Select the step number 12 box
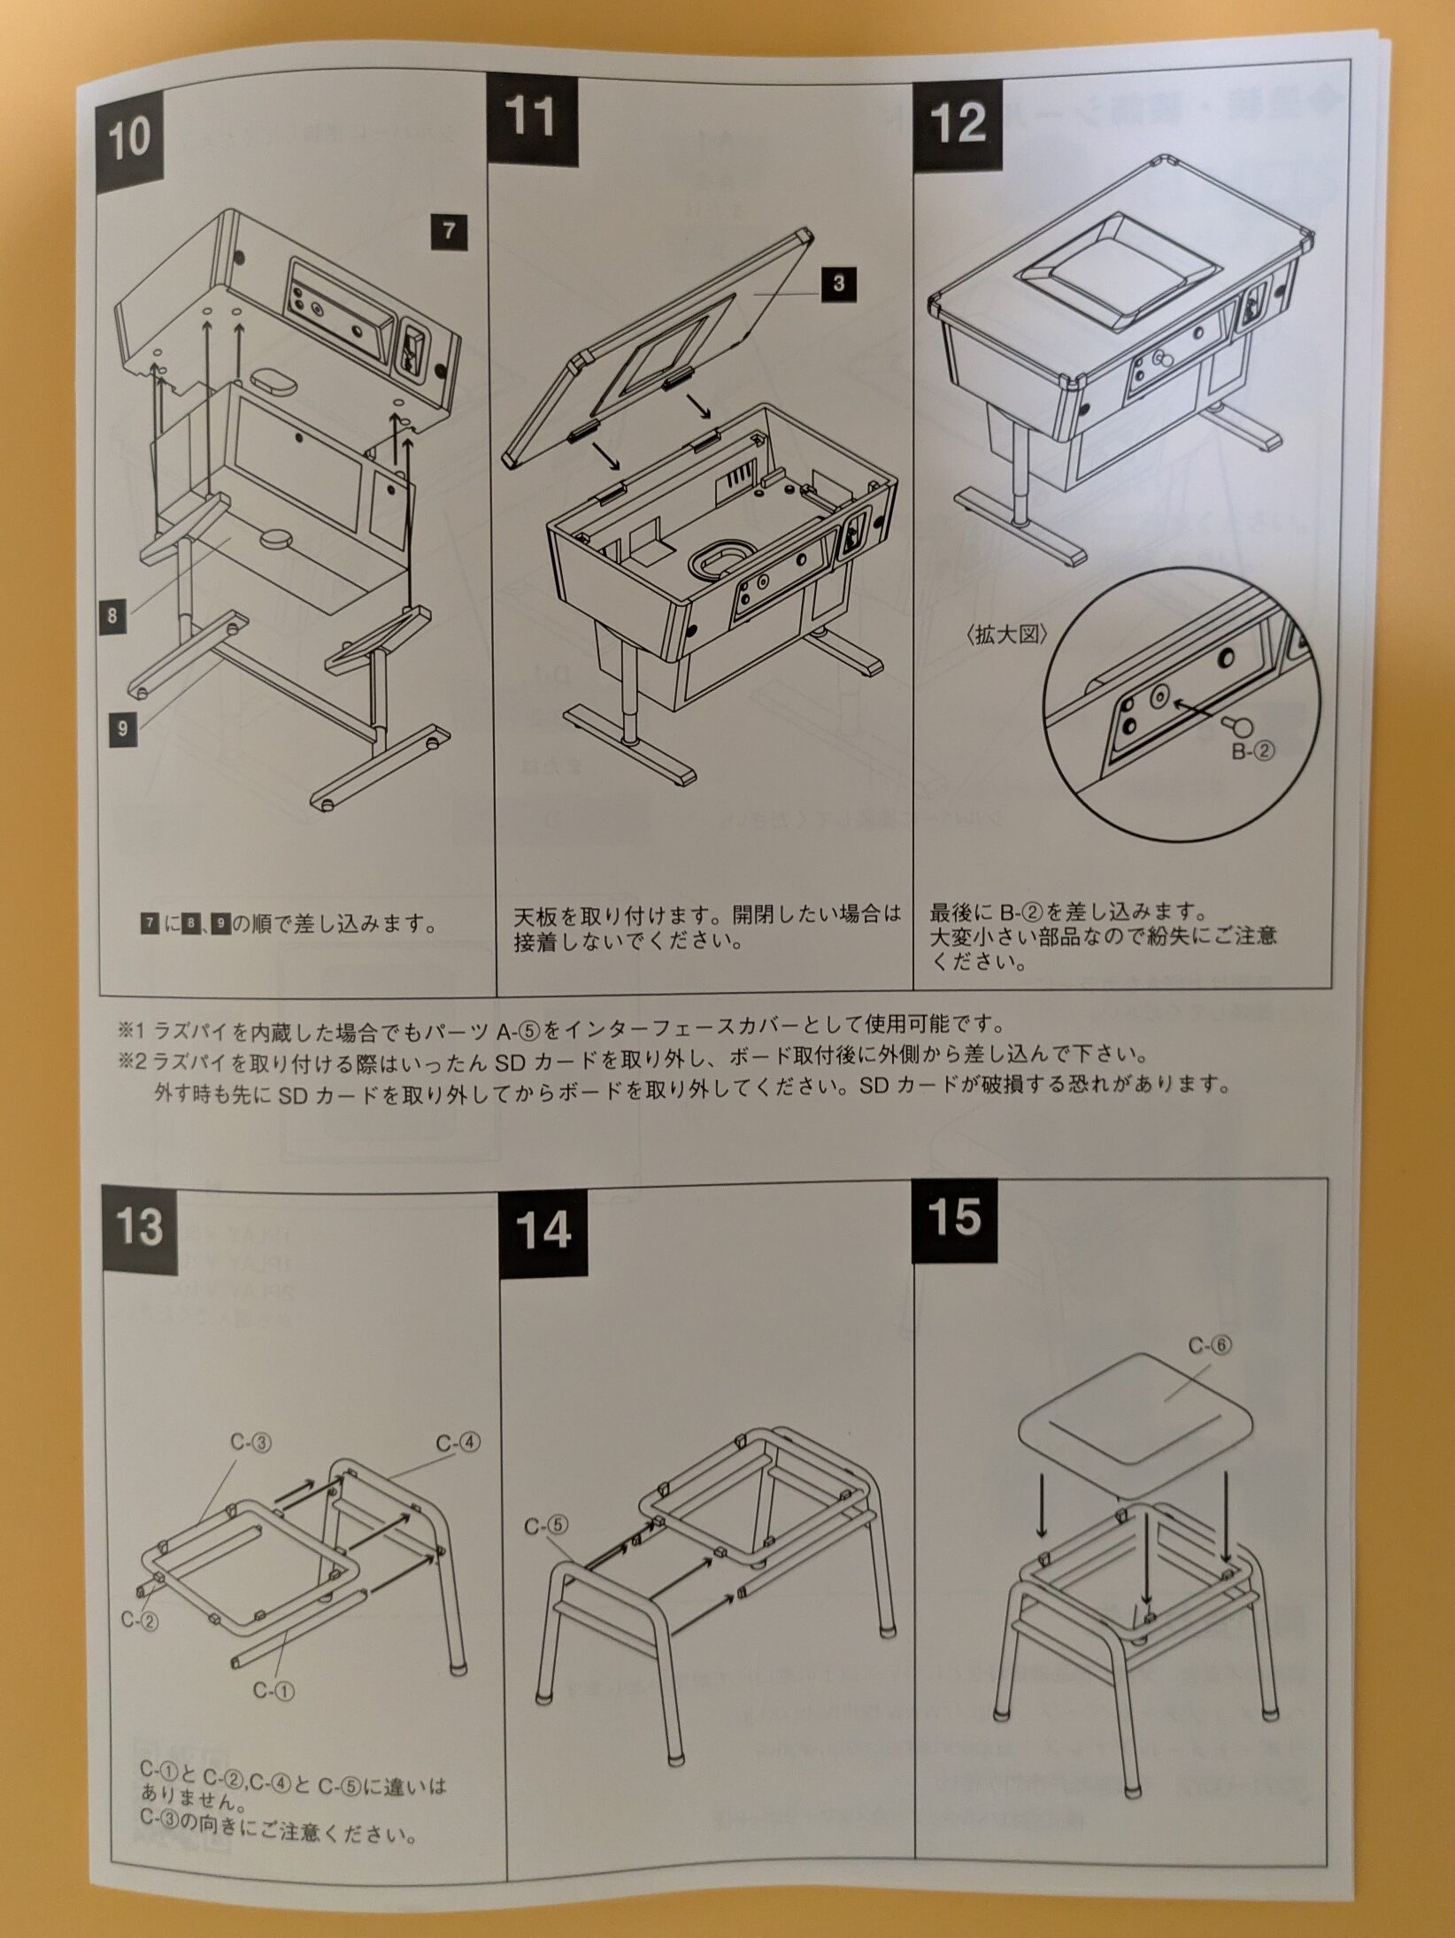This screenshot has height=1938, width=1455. pyautogui.click(x=958, y=122)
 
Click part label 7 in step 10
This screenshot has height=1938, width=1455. pyautogui.click(x=449, y=232)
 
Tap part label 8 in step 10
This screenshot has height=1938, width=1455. pyautogui.click(x=112, y=616)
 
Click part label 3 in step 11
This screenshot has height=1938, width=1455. pyautogui.click(x=838, y=283)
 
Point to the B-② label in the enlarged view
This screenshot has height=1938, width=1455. pyautogui.click(x=1253, y=752)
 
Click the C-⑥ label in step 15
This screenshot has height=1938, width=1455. pyautogui.click(x=1209, y=1346)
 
